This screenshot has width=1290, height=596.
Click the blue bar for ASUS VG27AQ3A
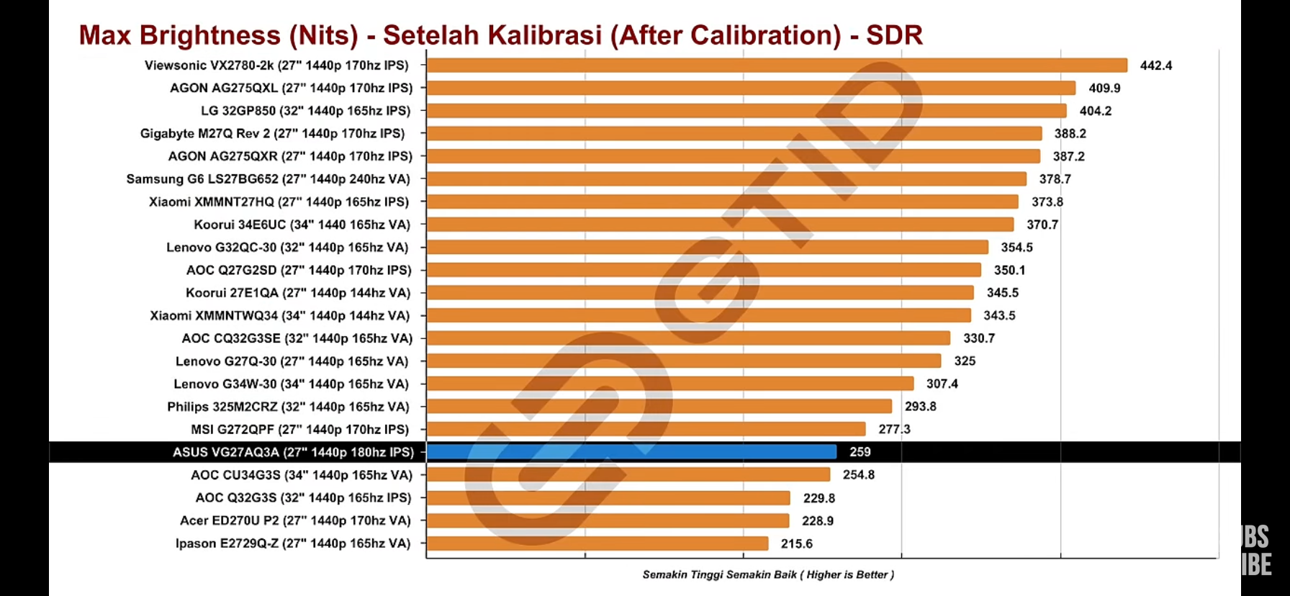click(631, 452)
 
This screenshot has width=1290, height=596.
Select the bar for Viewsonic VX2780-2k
click(777, 66)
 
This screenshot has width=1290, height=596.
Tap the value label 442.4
click(1155, 66)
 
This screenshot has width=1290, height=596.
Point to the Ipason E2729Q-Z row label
click(292, 543)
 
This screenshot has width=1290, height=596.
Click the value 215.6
click(796, 543)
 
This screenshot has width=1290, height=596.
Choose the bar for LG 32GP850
click(746, 111)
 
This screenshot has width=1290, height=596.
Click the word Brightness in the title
click(209, 35)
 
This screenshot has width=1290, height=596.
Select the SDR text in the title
click(894, 35)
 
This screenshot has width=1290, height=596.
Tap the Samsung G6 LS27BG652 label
click(268, 179)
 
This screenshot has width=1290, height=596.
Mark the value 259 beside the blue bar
click(860, 452)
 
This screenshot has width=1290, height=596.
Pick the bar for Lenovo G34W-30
click(669, 384)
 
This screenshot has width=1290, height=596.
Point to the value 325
click(965, 361)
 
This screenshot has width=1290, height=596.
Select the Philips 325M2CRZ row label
click(288, 407)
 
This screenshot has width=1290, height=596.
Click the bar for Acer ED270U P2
click(608, 520)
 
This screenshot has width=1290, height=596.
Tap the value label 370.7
click(1042, 225)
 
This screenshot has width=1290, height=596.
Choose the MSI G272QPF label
click(299, 429)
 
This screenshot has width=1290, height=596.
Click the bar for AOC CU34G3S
click(628, 475)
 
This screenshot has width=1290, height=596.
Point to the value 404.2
click(1095, 111)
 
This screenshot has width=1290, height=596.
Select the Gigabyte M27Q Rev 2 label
click(272, 133)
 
